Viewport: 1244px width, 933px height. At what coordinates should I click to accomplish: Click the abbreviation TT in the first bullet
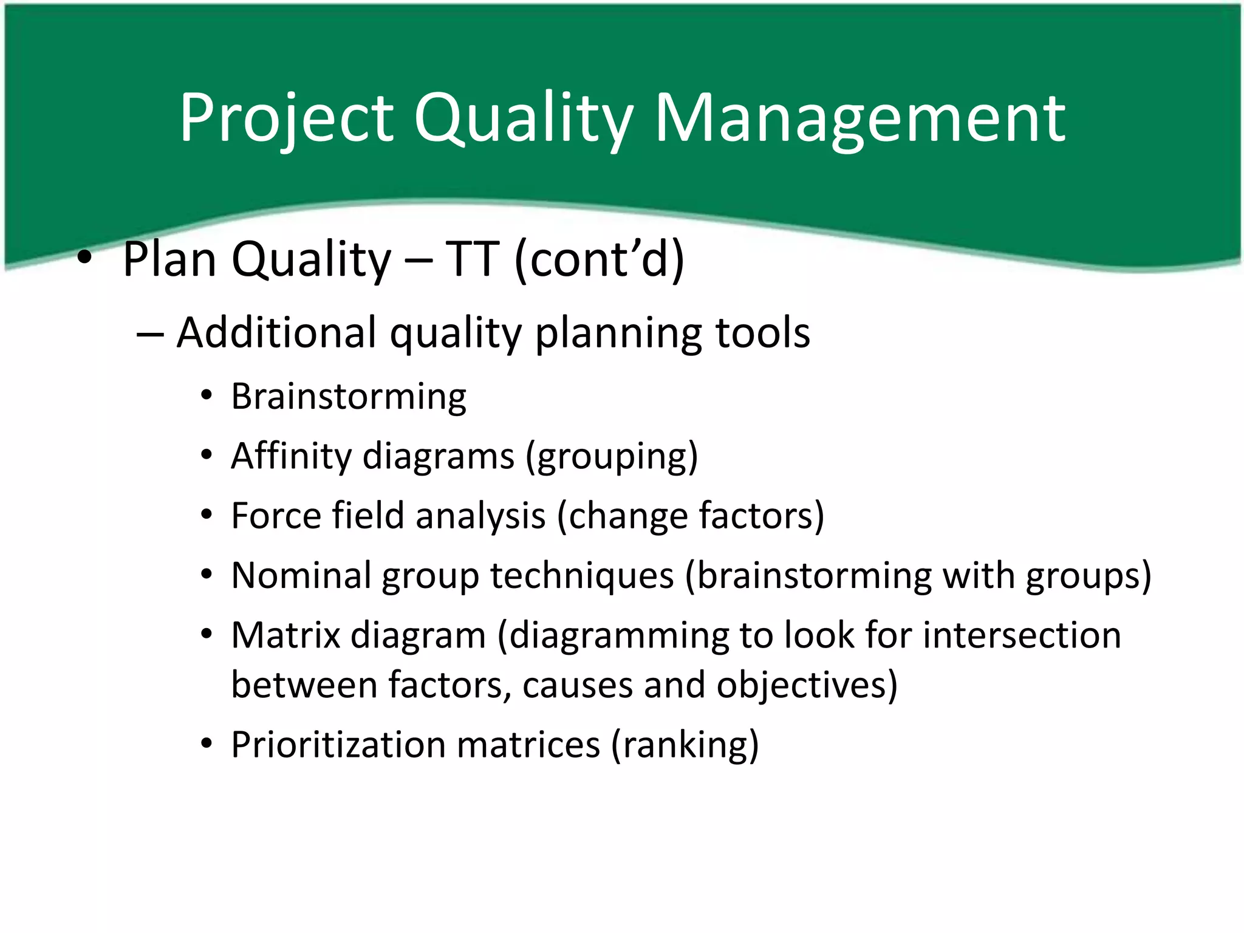(473, 259)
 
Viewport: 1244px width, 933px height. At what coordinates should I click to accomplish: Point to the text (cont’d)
(599, 259)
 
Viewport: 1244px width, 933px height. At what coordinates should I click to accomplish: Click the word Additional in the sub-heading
(276, 333)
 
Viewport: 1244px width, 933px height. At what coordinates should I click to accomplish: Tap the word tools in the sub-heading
(762, 333)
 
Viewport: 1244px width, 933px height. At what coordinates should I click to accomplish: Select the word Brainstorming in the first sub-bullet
(349, 397)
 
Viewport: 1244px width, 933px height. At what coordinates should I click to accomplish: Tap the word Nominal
(301, 575)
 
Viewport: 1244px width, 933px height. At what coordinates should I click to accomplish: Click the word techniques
(582, 575)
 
